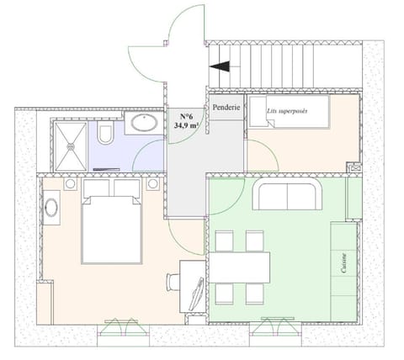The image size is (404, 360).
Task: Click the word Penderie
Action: click(x=226, y=108)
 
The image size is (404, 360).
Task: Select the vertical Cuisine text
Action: click(x=345, y=262)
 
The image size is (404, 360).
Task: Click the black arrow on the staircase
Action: click(x=220, y=68)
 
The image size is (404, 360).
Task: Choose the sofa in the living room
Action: click(x=288, y=195)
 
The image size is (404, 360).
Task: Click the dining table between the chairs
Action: click(x=238, y=267)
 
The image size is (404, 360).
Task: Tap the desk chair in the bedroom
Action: click(x=173, y=282)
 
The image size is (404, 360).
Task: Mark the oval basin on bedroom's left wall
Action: click(x=51, y=207)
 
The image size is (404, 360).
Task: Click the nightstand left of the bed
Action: click(x=69, y=183)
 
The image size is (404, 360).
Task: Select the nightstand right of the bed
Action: click(x=152, y=183)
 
